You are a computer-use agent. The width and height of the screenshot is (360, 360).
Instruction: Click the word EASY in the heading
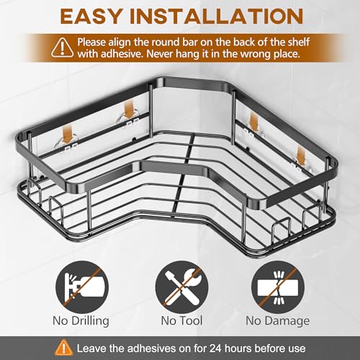[x=91, y=17]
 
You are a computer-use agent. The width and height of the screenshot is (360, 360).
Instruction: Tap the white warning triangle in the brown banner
[x=63, y=48]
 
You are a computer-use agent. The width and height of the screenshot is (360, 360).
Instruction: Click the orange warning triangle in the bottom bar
[x=63, y=347]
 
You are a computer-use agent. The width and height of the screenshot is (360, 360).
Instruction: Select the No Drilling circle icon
[x=82, y=287]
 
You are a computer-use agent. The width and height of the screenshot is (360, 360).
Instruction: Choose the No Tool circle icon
[x=181, y=287]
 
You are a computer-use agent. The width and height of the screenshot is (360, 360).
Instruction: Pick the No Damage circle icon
[x=278, y=287]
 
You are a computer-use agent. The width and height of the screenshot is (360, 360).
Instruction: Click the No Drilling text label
[x=81, y=321]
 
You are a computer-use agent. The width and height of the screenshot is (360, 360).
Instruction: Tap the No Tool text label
[x=181, y=320]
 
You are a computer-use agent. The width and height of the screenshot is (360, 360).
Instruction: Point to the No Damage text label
[x=278, y=321]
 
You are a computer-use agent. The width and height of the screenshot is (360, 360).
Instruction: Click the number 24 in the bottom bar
[x=217, y=348]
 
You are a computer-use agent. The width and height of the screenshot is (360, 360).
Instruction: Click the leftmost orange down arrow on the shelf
[x=67, y=135]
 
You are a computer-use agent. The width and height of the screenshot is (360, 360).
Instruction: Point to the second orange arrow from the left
[x=129, y=110]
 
